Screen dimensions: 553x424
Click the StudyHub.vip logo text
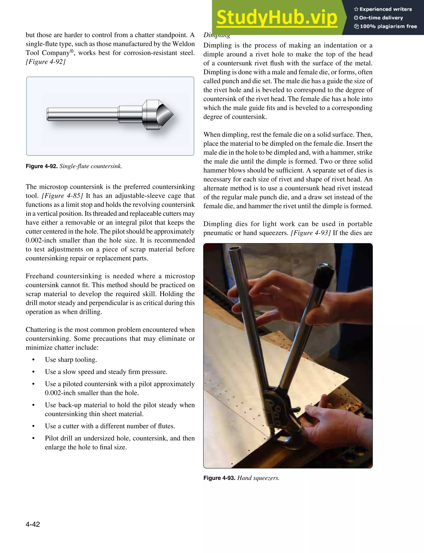tap(277, 17)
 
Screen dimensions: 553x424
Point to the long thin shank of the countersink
tap(82, 114)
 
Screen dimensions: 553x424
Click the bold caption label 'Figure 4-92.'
tap(42, 166)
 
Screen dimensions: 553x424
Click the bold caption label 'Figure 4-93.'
tap(219, 478)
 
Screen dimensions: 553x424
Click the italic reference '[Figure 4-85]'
tap(62, 196)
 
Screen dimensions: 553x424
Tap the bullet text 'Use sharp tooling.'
tap(71, 359)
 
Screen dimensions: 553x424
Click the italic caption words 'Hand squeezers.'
tap(258, 478)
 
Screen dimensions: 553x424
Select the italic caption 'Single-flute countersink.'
tap(91, 166)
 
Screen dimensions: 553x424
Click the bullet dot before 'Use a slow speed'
tap(33, 372)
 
